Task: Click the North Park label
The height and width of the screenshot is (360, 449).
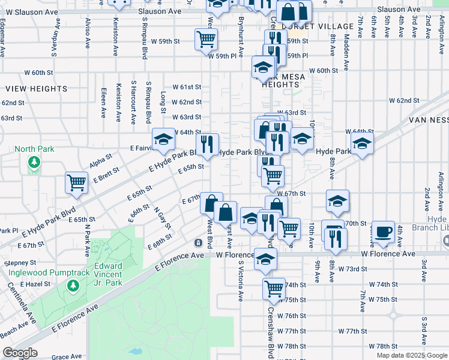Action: (34, 149)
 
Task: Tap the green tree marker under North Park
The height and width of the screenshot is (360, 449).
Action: (34, 161)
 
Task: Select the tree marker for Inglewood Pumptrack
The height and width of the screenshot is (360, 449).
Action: (73, 286)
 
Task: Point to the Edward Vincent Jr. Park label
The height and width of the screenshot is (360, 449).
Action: (108, 274)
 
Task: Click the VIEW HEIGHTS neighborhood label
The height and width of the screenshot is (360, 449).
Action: (37, 89)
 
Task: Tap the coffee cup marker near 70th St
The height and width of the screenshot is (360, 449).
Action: (382, 231)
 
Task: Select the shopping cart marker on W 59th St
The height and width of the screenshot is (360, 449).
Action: (206, 39)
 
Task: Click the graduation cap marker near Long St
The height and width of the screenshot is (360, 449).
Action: (162, 140)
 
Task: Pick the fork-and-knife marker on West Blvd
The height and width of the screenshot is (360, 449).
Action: (207, 144)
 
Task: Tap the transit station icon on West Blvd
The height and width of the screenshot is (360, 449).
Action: (197, 242)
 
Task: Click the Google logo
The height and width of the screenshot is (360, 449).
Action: (19, 353)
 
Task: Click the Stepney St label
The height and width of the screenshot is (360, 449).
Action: (16, 263)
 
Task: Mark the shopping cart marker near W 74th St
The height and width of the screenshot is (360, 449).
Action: (274, 289)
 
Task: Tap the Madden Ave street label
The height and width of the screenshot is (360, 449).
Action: (346, 47)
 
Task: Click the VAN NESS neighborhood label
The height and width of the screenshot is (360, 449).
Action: (429, 119)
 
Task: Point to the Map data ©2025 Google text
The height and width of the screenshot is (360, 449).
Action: (411, 355)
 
